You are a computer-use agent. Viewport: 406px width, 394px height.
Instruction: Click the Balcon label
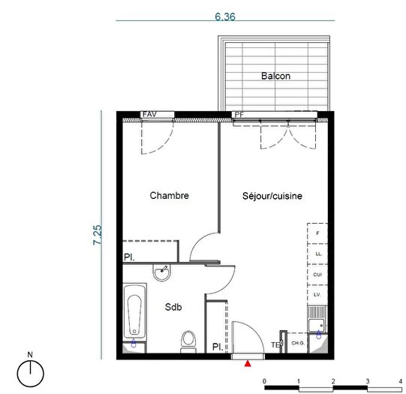click(x=275, y=76)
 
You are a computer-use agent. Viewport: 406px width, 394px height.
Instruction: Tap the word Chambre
click(x=169, y=196)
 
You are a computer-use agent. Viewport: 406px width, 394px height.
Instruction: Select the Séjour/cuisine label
click(x=272, y=197)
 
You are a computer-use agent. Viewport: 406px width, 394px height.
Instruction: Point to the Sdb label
click(x=174, y=306)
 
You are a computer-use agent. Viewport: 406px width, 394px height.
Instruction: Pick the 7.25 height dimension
click(x=97, y=233)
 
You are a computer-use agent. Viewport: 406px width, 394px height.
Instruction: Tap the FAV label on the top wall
click(x=149, y=115)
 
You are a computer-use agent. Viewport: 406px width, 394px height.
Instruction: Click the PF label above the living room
click(x=239, y=115)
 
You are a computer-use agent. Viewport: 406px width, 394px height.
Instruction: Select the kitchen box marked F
click(x=317, y=234)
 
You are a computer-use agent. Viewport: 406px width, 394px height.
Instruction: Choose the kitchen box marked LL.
click(x=317, y=254)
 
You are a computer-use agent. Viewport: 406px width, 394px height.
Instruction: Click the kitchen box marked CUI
click(x=317, y=275)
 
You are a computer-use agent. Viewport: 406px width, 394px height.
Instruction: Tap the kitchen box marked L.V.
click(x=317, y=295)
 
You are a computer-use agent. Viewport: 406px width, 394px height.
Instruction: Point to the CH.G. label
click(x=297, y=343)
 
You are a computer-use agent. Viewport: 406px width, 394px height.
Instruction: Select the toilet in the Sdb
click(x=188, y=341)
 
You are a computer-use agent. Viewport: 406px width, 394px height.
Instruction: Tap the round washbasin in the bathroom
click(x=163, y=272)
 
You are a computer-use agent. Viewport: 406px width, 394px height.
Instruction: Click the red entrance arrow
click(x=248, y=363)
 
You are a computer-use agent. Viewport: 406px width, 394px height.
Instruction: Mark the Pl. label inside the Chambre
click(x=130, y=258)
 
